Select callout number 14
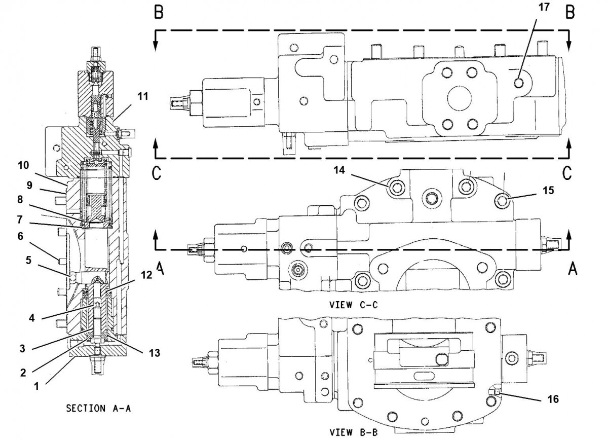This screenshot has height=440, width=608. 339,170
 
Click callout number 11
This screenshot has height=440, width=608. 143,95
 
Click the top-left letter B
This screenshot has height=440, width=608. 159,13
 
